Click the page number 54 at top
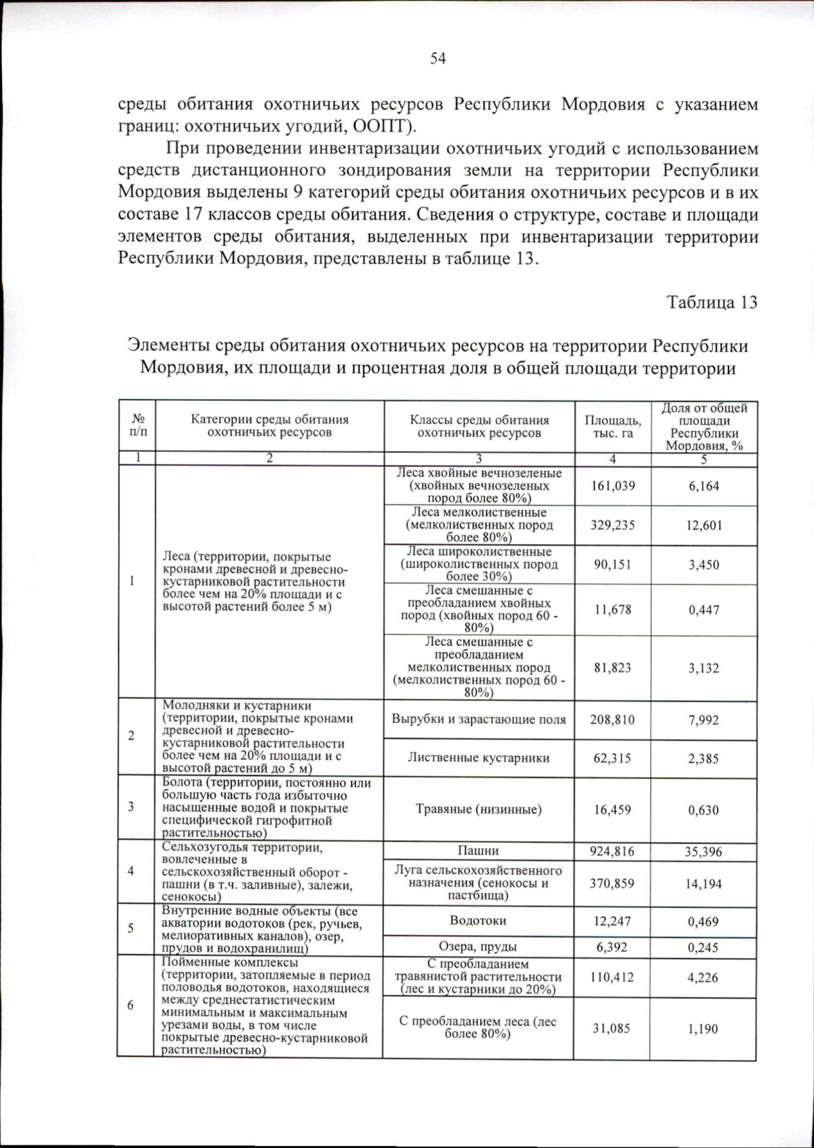438,58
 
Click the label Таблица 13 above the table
712,302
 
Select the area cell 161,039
613,486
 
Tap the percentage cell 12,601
703,525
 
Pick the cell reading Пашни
478,851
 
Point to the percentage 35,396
703,852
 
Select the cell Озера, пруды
478,946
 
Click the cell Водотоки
478,921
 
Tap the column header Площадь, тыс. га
613,426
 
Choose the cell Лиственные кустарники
478,758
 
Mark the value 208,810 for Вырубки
613,720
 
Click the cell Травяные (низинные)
478,809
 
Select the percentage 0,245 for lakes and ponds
703,947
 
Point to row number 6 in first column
130,1005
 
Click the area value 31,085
612,1029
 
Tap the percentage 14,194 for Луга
703,884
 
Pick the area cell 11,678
613,609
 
